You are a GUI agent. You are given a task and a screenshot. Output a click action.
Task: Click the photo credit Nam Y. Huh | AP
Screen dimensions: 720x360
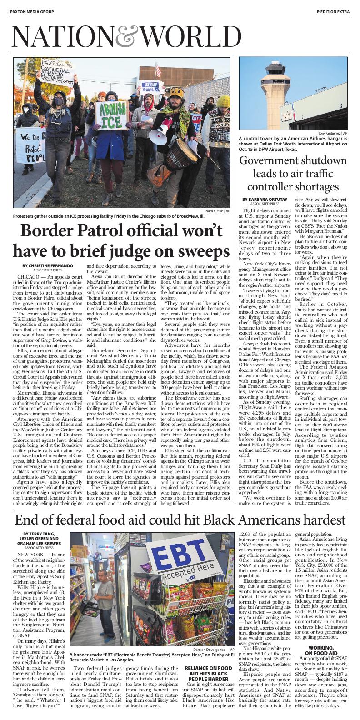[218, 211]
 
